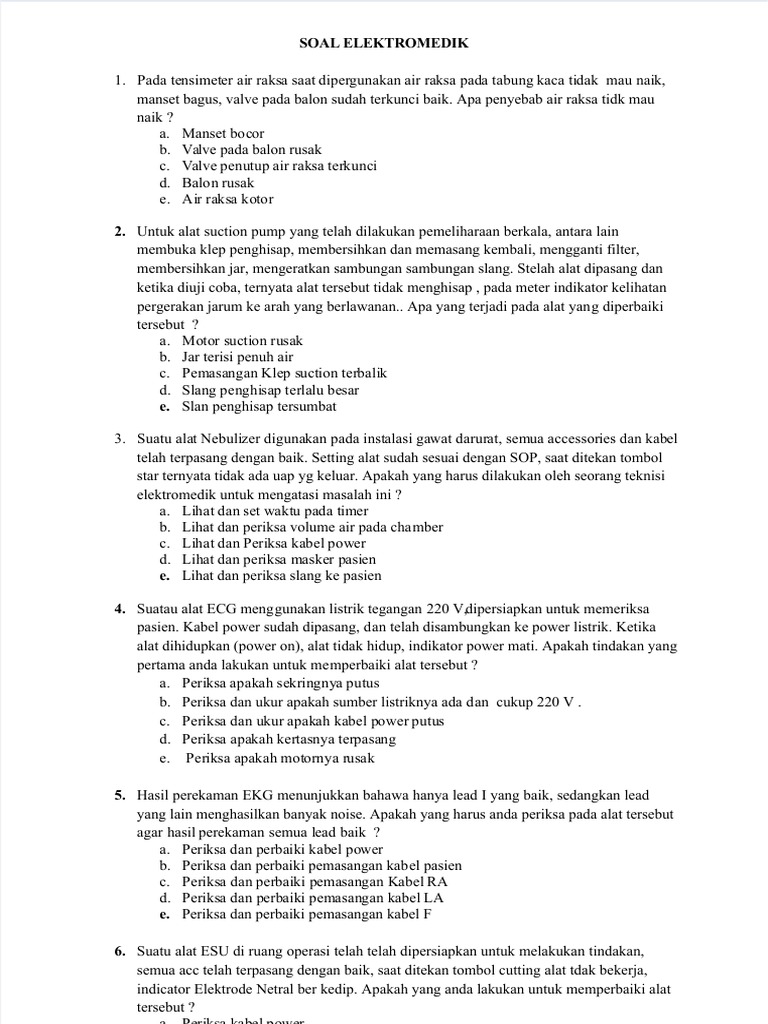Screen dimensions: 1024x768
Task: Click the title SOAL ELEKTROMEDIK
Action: pyautogui.click(x=384, y=44)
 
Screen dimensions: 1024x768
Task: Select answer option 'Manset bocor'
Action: pyautogui.click(x=223, y=133)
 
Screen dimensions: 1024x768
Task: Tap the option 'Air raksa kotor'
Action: pyautogui.click(x=227, y=199)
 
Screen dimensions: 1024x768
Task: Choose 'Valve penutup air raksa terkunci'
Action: pyautogui.click(x=279, y=166)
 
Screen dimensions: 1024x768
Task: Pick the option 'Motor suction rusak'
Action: pyautogui.click(x=242, y=341)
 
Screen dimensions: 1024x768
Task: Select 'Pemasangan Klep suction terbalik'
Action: pyautogui.click(x=284, y=374)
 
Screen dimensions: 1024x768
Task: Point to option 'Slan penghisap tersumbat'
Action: pyautogui.click(x=259, y=407)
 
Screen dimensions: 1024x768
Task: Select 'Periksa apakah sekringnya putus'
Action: pyautogui.click(x=273, y=683)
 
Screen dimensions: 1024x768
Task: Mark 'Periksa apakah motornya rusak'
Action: pyautogui.click(x=280, y=759)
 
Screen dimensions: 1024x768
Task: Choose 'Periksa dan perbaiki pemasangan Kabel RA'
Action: pyautogui.click(x=314, y=882)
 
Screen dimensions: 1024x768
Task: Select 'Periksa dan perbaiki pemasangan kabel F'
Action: pyautogui.click(x=307, y=915)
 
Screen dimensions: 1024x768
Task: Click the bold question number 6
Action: pyautogui.click(x=119, y=952)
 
